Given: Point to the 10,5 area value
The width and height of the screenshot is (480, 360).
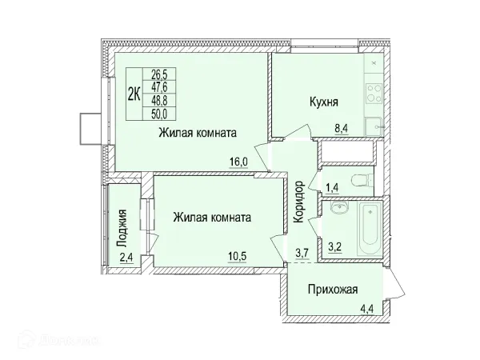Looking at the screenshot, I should coord(238,256).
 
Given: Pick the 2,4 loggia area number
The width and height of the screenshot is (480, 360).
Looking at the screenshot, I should coord(126,257).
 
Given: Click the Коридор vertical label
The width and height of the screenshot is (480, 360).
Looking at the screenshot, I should coord(298,201).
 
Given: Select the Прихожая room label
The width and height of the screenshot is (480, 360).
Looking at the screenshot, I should coord(332,289).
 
